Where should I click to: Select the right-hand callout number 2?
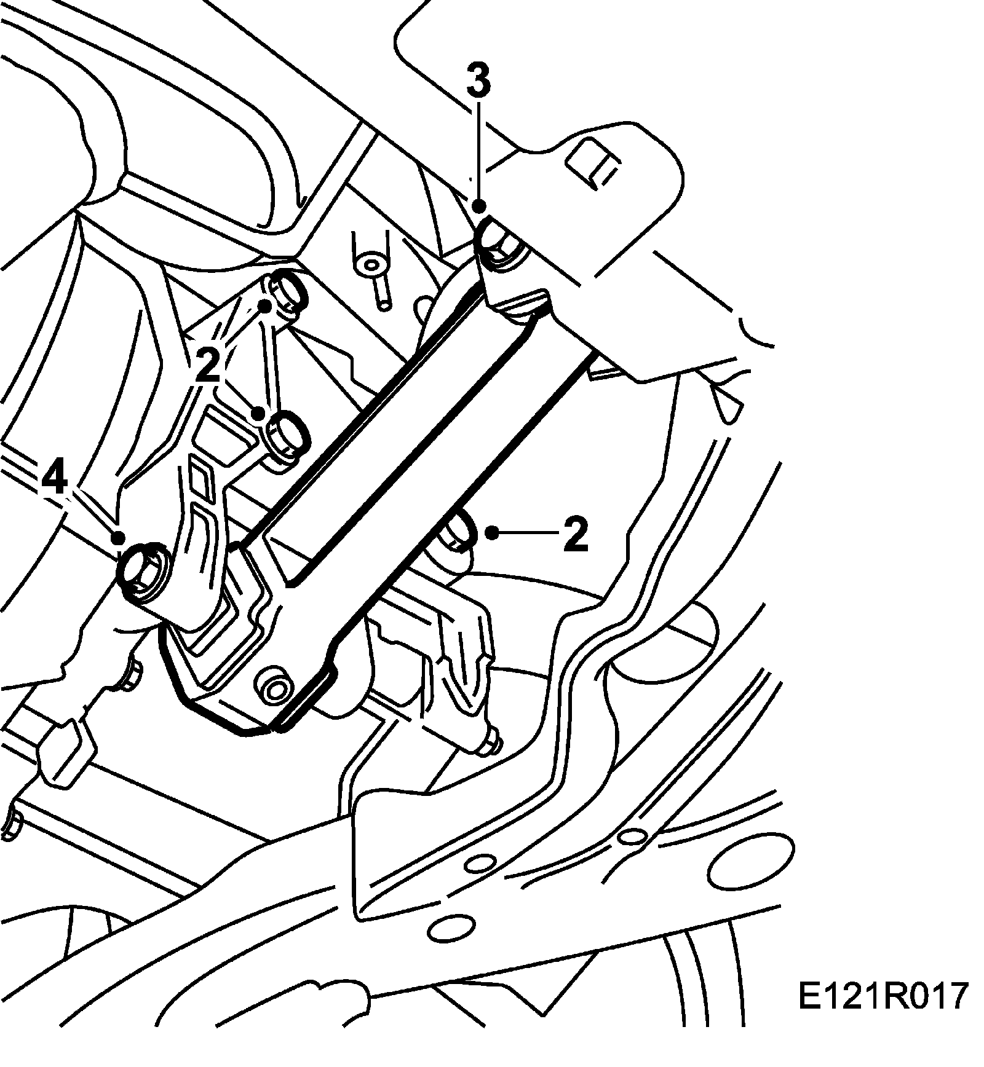click(575, 534)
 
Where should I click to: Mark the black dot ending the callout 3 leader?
click(480, 207)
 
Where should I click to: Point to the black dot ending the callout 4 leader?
click(119, 538)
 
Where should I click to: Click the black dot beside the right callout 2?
click(492, 532)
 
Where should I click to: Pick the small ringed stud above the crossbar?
click(371, 265)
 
